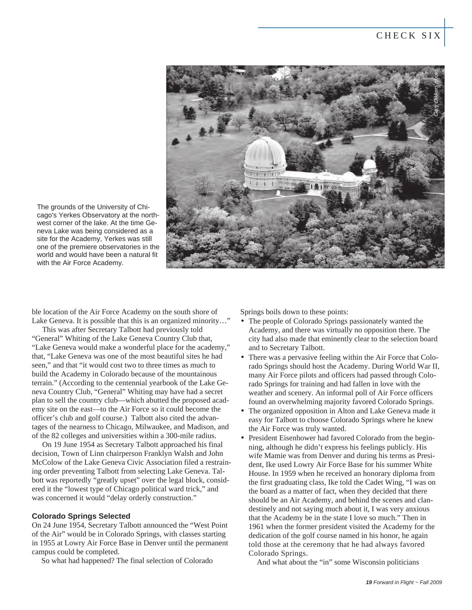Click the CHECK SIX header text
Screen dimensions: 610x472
(x=409, y=35)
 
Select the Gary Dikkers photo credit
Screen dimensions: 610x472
(x=436, y=93)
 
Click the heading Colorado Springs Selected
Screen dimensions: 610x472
(x=81, y=516)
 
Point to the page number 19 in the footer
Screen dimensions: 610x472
(x=369, y=583)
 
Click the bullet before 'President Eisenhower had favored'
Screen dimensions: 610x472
(x=243, y=438)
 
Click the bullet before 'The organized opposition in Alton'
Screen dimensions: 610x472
(x=243, y=411)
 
